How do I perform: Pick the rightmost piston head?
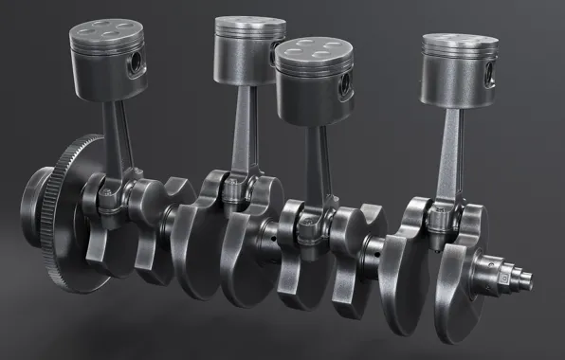point(459,66)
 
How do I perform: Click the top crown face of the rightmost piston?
point(460,42)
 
